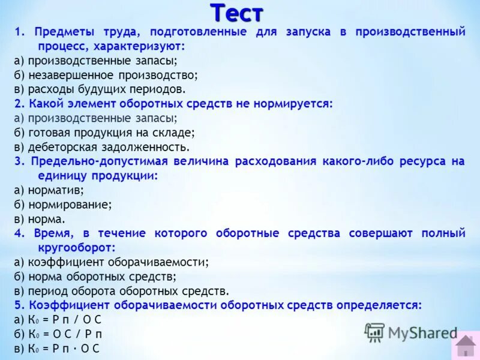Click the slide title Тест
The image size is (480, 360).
click(237, 11)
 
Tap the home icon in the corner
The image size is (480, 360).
click(465, 346)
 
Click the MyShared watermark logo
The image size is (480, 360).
click(411, 333)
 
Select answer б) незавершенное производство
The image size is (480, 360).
click(106, 75)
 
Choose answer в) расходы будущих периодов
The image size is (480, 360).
click(100, 89)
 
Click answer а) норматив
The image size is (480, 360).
click(49, 190)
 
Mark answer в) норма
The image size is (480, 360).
click(40, 219)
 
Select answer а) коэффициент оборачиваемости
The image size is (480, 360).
click(111, 262)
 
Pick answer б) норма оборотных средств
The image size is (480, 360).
click(95, 277)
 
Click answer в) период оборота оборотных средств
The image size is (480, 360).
click(121, 291)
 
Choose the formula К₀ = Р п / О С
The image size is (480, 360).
click(58, 320)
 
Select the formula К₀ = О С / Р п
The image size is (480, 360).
click(58, 334)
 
